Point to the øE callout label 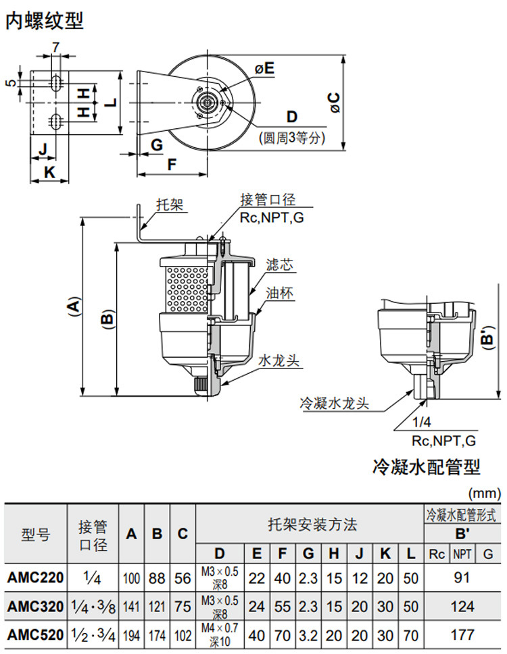click(264, 67)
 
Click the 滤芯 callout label click(279, 265)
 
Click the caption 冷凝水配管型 click(426, 466)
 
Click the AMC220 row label click(36, 578)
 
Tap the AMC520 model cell click(36, 635)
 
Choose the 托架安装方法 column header click(312, 524)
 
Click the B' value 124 click(462, 606)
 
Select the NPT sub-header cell click(462, 554)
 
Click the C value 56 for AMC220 click(183, 578)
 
